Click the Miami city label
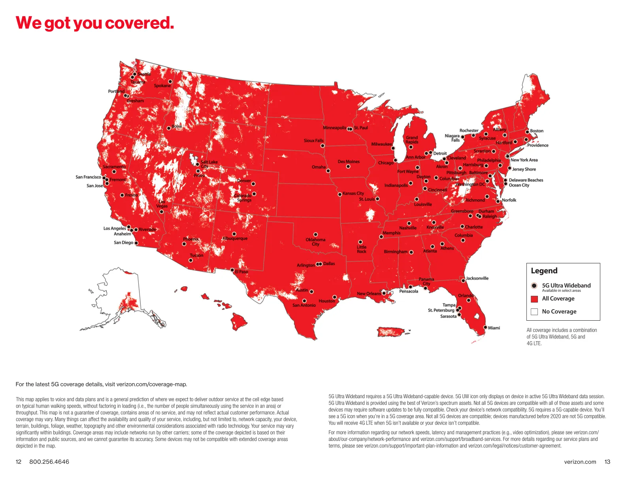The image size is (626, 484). pos(494,328)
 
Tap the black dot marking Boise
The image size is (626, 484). pos(169,128)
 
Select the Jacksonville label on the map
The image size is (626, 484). pos(477,278)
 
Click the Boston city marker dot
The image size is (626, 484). pos(527,132)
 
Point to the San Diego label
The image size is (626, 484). pos(123,243)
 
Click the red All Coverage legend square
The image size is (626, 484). pos(534,299)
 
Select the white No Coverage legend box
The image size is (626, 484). pos(534,312)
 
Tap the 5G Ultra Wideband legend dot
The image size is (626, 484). pos(534,285)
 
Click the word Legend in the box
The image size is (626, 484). pos(544,271)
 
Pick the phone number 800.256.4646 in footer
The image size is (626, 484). pos(49,462)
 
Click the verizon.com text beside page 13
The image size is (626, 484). pos(580,462)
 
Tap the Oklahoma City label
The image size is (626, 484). pos(315,242)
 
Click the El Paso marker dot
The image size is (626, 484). pos(232,270)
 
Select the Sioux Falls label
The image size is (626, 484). pos(313,140)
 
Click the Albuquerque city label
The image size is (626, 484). pos(235,238)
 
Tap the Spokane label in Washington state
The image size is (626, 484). pos(162,86)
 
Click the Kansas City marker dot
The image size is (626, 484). pos(340,194)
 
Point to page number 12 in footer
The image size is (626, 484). pos(19,462)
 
